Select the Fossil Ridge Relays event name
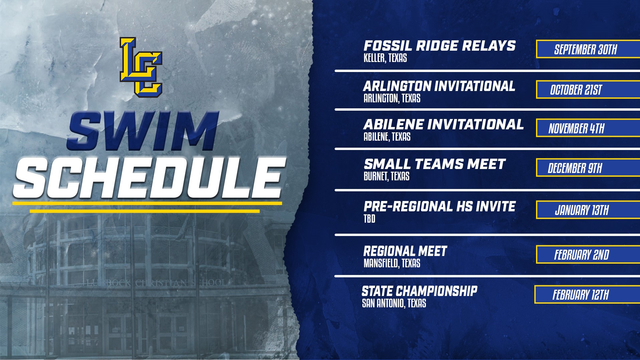(439, 46)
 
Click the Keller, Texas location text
(385, 58)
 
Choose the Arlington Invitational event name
(439, 86)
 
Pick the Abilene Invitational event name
(443, 124)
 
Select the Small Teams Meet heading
(434, 164)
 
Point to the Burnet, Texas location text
(386, 176)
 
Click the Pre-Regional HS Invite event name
(440, 206)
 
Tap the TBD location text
(369, 219)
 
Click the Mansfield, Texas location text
(392, 263)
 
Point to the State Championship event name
(419, 291)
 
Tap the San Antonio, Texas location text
(394, 303)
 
